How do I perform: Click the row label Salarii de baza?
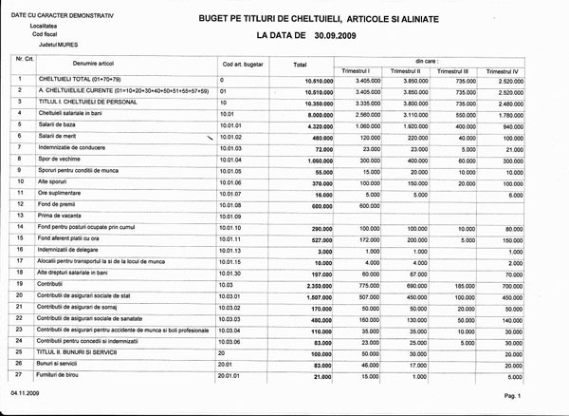pos(59,124)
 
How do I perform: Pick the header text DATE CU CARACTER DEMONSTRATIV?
pos(53,14)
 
